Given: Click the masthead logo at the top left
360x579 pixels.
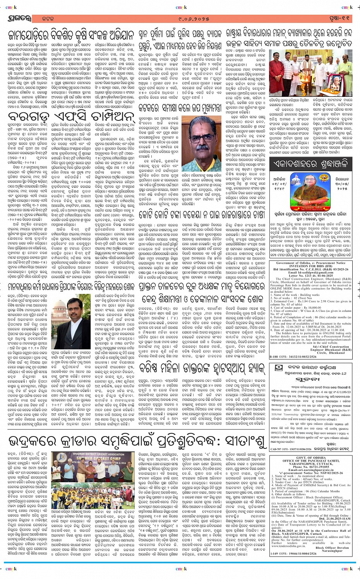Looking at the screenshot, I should coord(18,18).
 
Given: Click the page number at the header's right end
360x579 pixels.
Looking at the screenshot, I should coord(341,18).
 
